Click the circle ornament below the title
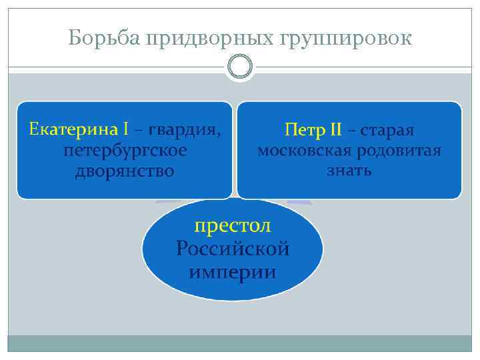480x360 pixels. click(239, 67)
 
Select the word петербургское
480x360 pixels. click(125, 151)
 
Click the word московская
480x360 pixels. click(305, 150)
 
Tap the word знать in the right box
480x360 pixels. click(349, 171)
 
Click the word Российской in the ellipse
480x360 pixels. click(233, 249)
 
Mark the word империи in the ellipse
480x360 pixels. click(233, 272)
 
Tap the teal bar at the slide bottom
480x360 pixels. click(239, 343)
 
